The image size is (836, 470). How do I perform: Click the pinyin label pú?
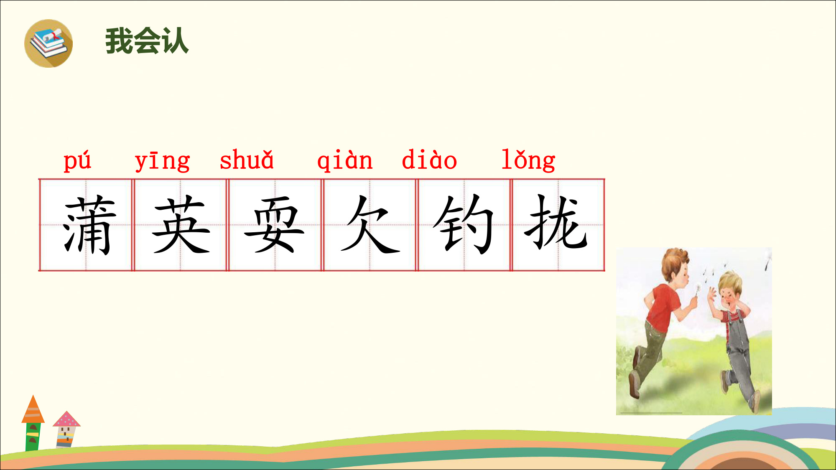click(x=77, y=160)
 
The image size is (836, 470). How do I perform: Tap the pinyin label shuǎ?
click(x=247, y=160)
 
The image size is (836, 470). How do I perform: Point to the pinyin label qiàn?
click(x=345, y=160)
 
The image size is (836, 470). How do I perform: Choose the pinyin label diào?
click(x=429, y=159)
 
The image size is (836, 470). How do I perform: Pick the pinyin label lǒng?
click(x=528, y=160)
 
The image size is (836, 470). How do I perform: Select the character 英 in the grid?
click(x=181, y=225)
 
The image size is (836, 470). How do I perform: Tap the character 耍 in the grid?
click(x=274, y=225)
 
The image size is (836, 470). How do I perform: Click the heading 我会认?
click(x=147, y=41)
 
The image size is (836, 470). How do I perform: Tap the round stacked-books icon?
click(x=48, y=43)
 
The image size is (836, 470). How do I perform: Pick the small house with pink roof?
click(x=66, y=429)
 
